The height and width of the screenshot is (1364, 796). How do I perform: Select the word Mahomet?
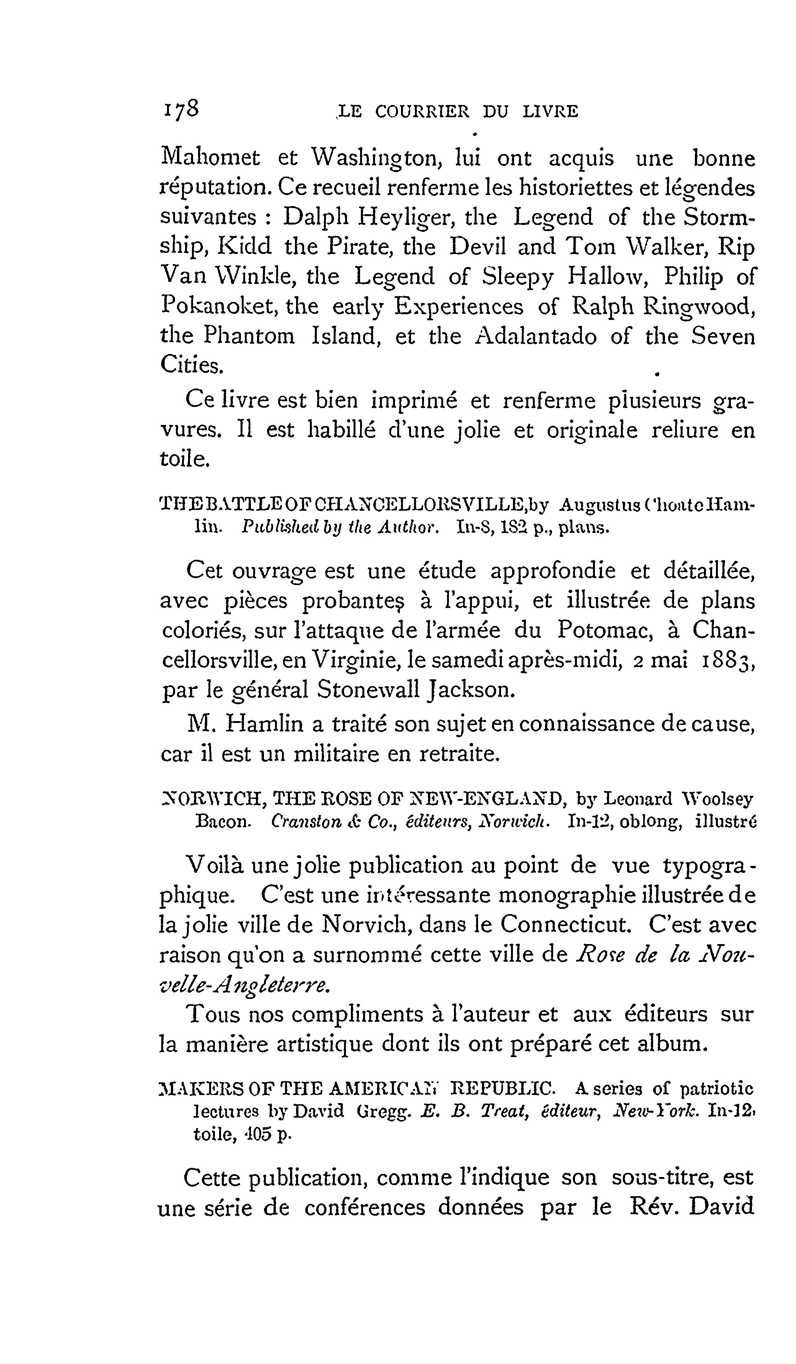tap(211, 158)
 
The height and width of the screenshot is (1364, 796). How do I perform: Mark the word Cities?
tap(192, 366)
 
